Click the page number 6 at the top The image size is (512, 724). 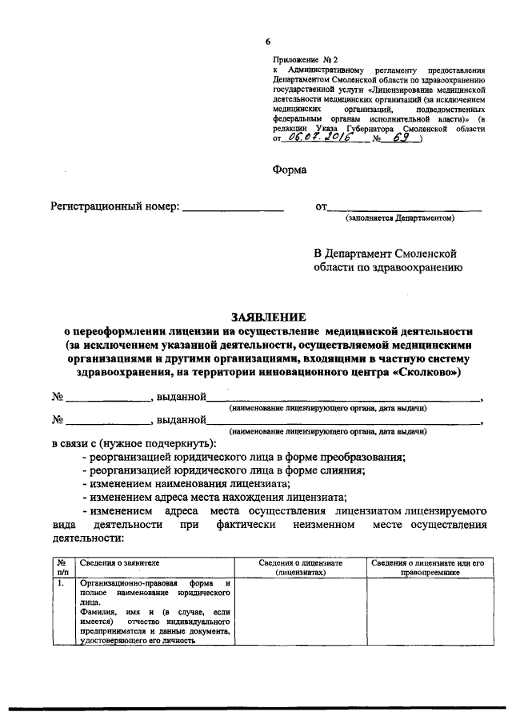point(269,42)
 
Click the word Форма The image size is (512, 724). point(290,170)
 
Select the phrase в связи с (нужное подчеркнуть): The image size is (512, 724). point(134,443)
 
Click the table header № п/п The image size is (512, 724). point(62,567)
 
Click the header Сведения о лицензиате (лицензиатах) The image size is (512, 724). point(301,567)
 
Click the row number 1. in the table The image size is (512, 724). point(61,583)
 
